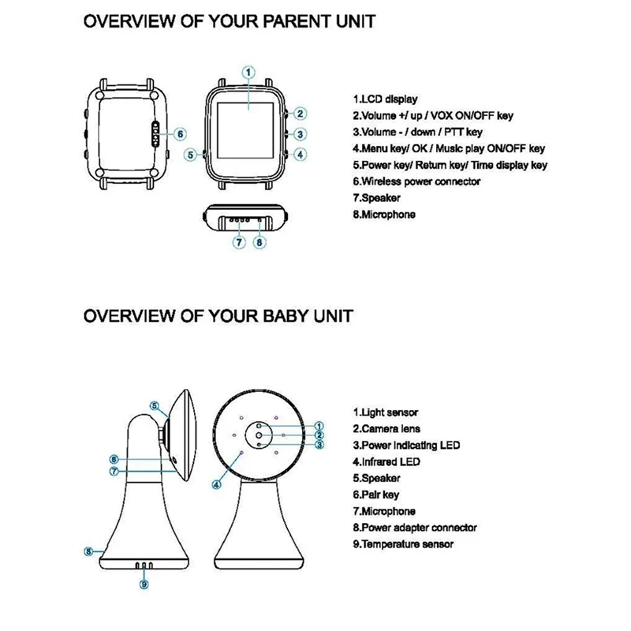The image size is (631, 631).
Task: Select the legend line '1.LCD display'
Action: [x=385, y=99]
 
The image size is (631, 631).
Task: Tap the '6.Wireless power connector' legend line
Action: [x=416, y=181]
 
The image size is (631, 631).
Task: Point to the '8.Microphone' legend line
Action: [x=384, y=215]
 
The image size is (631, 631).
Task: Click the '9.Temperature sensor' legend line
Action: [x=403, y=544]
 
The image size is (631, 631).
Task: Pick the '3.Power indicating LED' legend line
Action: [x=405, y=445]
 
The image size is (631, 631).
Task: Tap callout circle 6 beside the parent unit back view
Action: [x=180, y=133]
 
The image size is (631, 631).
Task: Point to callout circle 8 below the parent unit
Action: [x=259, y=242]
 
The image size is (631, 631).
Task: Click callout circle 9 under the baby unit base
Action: [x=143, y=584]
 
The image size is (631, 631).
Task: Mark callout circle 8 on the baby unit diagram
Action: [x=90, y=551]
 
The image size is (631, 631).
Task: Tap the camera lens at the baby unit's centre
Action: [x=259, y=434]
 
